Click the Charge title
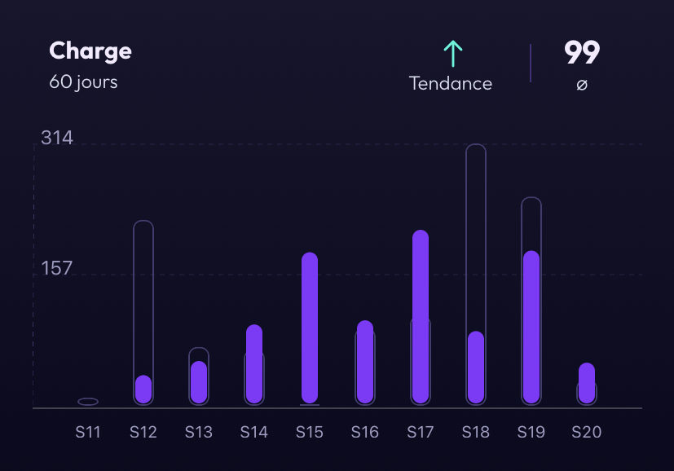90,51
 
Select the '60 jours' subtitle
83,82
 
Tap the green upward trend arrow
452,54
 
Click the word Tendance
451,83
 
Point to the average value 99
582,53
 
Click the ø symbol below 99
582,84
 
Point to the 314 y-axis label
57,138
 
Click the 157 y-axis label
57,268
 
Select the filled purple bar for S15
310,328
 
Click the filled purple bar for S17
421,316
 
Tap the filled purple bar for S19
531,327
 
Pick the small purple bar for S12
143,389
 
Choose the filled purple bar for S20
587,383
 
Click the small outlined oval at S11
88,402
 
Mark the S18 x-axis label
476,432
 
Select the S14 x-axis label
254,432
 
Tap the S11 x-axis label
88,432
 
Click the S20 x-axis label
587,432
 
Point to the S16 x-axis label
365,432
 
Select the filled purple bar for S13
199,382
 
